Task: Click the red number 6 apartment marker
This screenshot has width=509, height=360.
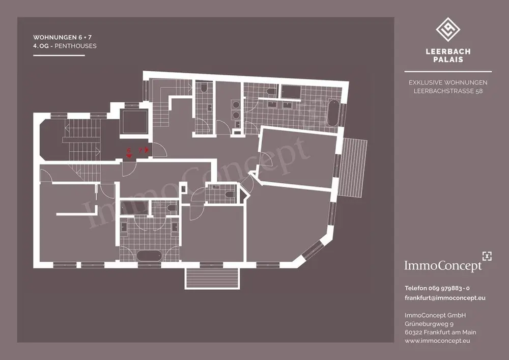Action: click(129, 150)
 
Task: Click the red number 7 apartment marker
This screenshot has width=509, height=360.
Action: click(141, 150)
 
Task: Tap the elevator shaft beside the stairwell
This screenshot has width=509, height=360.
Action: click(134, 122)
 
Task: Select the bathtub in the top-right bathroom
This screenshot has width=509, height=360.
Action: click(333, 113)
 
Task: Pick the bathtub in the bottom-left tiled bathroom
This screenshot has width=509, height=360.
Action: click(150, 255)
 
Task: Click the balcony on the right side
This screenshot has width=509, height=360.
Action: click(353, 168)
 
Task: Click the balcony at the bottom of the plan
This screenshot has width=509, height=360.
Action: click(212, 278)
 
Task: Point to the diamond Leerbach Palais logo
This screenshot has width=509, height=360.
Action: click(448, 30)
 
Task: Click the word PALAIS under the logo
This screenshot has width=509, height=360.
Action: click(448, 60)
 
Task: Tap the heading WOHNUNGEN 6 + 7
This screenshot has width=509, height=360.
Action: click(59, 38)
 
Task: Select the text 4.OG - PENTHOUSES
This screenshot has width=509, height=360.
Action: click(65, 46)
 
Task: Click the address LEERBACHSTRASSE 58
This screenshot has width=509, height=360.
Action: click(448, 91)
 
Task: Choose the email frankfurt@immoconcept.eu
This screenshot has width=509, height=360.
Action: click(445, 298)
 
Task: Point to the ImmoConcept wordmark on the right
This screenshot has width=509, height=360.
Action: click(442, 265)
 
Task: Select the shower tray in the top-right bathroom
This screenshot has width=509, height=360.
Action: click(291, 92)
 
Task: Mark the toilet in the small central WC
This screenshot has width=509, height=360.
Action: click(229, 193)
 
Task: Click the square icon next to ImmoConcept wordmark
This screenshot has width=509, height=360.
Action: click(487, 256)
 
